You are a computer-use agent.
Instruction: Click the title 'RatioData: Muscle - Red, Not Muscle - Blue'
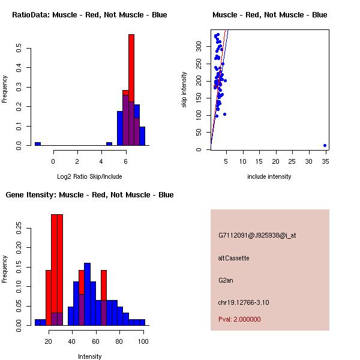(89, 14)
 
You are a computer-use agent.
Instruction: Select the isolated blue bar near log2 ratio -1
(38, 144)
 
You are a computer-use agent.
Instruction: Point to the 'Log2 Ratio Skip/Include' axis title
(88, 176)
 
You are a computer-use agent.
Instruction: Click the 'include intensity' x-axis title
(269, 176)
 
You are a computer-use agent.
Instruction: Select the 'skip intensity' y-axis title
(184, 90)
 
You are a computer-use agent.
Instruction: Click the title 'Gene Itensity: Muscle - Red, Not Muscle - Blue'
(89, 195)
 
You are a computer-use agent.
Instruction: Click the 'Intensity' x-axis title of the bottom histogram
(89, 356)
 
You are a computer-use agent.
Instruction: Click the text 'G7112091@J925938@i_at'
(257, 235)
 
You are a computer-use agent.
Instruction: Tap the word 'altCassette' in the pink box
(233, 258)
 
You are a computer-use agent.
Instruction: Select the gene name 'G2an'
(226, 280)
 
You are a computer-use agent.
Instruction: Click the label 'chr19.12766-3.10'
(243, 302)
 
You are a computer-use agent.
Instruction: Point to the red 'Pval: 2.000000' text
(239, 319)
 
